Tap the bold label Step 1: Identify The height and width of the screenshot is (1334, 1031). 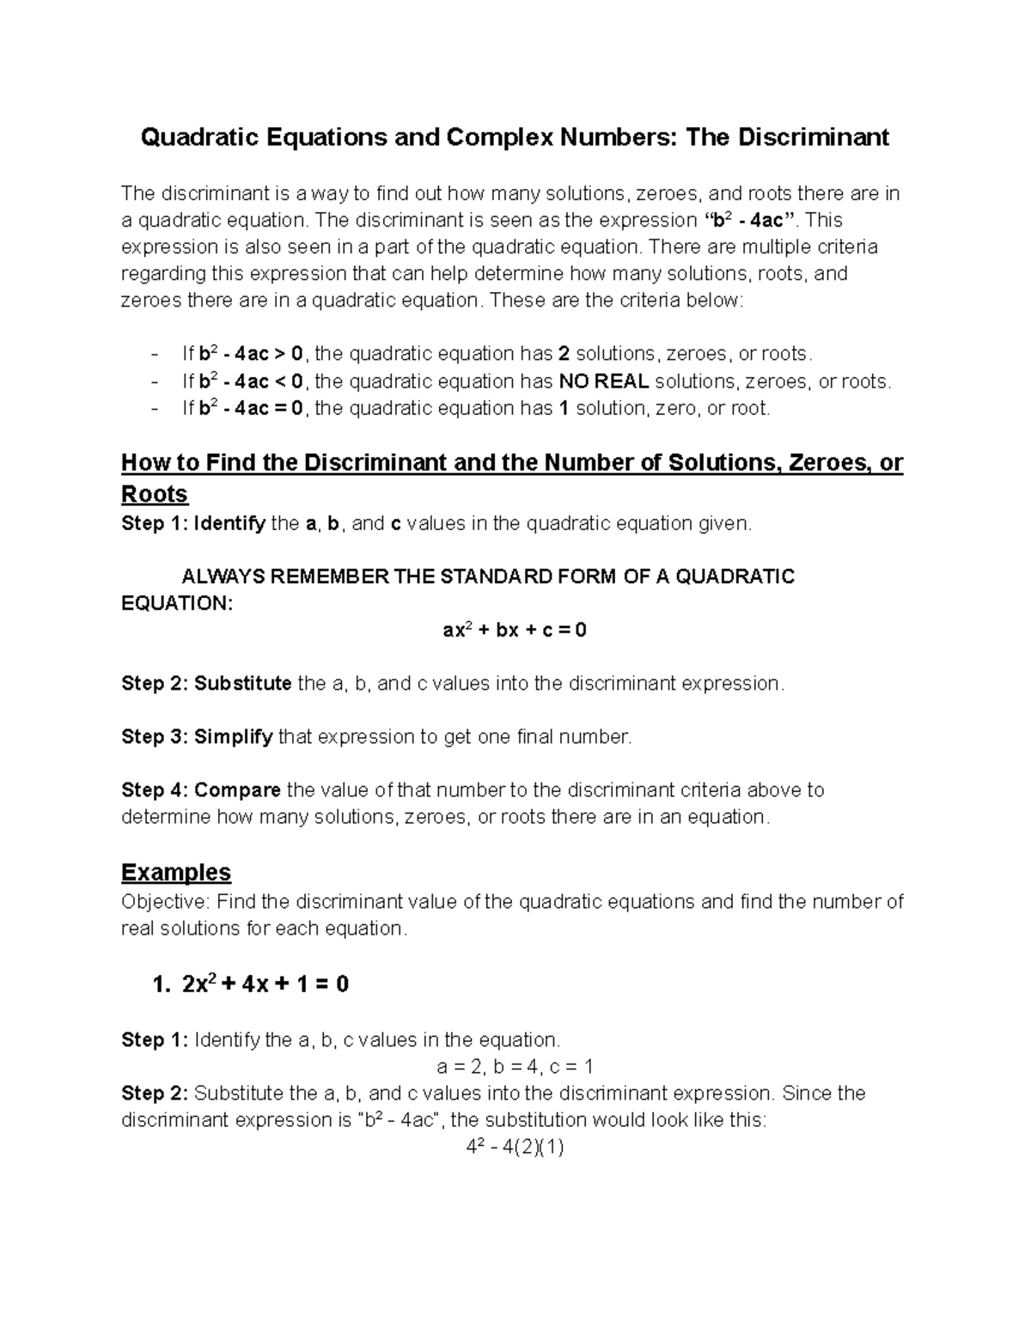pyautogui.click(x=193, y=524)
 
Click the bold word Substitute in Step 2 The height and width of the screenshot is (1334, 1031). pyautogui.click(x=243, y=684)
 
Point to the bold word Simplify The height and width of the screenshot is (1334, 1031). pyautogui.click(x=234, y=737)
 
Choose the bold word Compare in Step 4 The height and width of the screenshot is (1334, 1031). pyautogui.click(x=238, y=790)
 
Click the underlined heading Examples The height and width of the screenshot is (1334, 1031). pyautogui.click(x=176, y=873)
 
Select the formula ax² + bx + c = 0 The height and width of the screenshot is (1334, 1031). pyautogui.click(x=515, y=630)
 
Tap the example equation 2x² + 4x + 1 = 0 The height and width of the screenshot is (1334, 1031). pyautogui.click(x=265, y=984)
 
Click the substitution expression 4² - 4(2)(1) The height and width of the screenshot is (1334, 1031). pyautogui.click(x=515, y=1148)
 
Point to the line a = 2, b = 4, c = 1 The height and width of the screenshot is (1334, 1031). pyautogui.click(x=515, y=1068)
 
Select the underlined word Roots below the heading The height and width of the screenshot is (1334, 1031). pyautogui.click(x=155, y=495)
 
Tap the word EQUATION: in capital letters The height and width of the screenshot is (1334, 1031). pyautogui.click(x=177, y=603)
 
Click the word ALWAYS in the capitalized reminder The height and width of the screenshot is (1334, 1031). pyautogui.click(x=223, y=576)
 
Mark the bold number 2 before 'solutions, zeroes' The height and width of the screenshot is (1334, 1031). pyautogui.click(x=564, y=354)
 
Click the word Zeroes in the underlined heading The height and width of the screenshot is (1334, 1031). pyautogui.click(x=826, y=463)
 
